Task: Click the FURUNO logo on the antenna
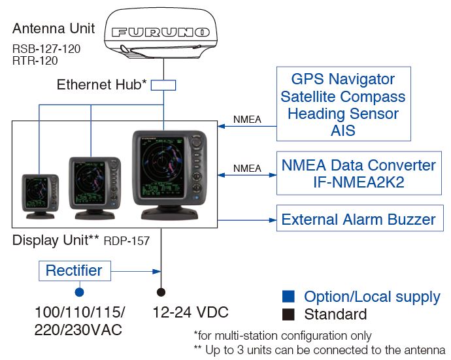(161, 32)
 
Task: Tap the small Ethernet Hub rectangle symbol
(163, 86)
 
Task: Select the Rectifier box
(75, 271)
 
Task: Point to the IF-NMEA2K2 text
(359, 182)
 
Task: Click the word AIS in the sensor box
(343, 131)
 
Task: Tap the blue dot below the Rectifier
(79, 292)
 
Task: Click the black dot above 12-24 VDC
(161, 292)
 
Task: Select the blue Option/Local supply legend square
(288, 297)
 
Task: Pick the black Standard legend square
(288, 314)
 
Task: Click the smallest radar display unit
(41, 197)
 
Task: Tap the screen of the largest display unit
(162, 167)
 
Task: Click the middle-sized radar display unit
(95, 188)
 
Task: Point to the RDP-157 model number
(127, 241)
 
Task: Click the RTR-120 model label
(35, 61)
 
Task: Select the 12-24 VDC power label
(190, 312)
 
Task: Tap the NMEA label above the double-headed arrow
(247, 168)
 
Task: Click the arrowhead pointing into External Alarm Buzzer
(273, 220)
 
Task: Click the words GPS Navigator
(343, 79)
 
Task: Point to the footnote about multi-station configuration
(282, 336)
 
